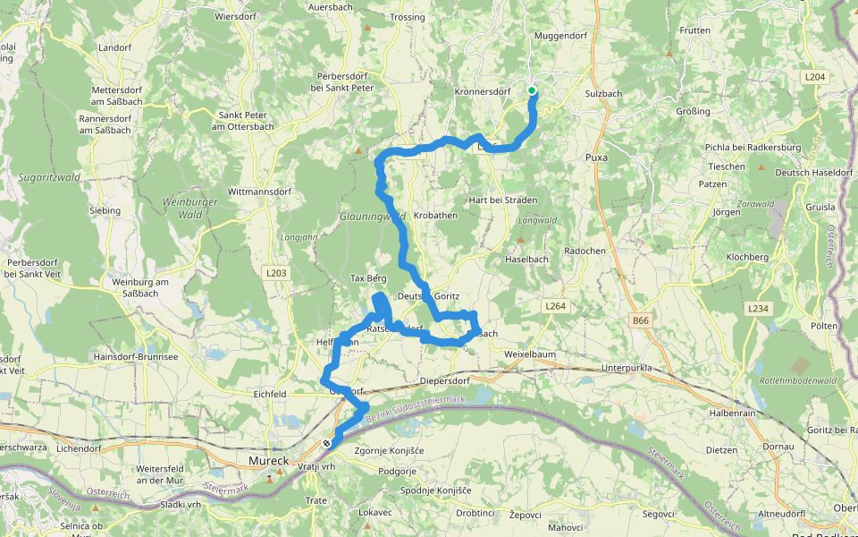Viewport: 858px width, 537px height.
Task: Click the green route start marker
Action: [532, 90]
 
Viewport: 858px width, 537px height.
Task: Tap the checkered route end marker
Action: [328, 442]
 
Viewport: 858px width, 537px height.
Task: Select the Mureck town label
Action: [265, 461]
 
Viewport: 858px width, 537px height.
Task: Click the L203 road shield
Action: [275, 272]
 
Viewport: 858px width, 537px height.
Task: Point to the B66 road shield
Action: [640, 320]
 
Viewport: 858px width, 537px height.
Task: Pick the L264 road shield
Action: [555, 306]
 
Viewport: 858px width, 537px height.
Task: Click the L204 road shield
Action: [814, 78]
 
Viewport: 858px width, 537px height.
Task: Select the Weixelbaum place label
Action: [530, 354]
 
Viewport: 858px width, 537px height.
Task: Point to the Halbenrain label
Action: [733, 413]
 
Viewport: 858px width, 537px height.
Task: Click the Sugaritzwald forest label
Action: [49, 177]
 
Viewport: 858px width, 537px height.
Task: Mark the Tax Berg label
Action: [368, 278]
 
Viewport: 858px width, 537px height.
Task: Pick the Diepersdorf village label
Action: [444, 380]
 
